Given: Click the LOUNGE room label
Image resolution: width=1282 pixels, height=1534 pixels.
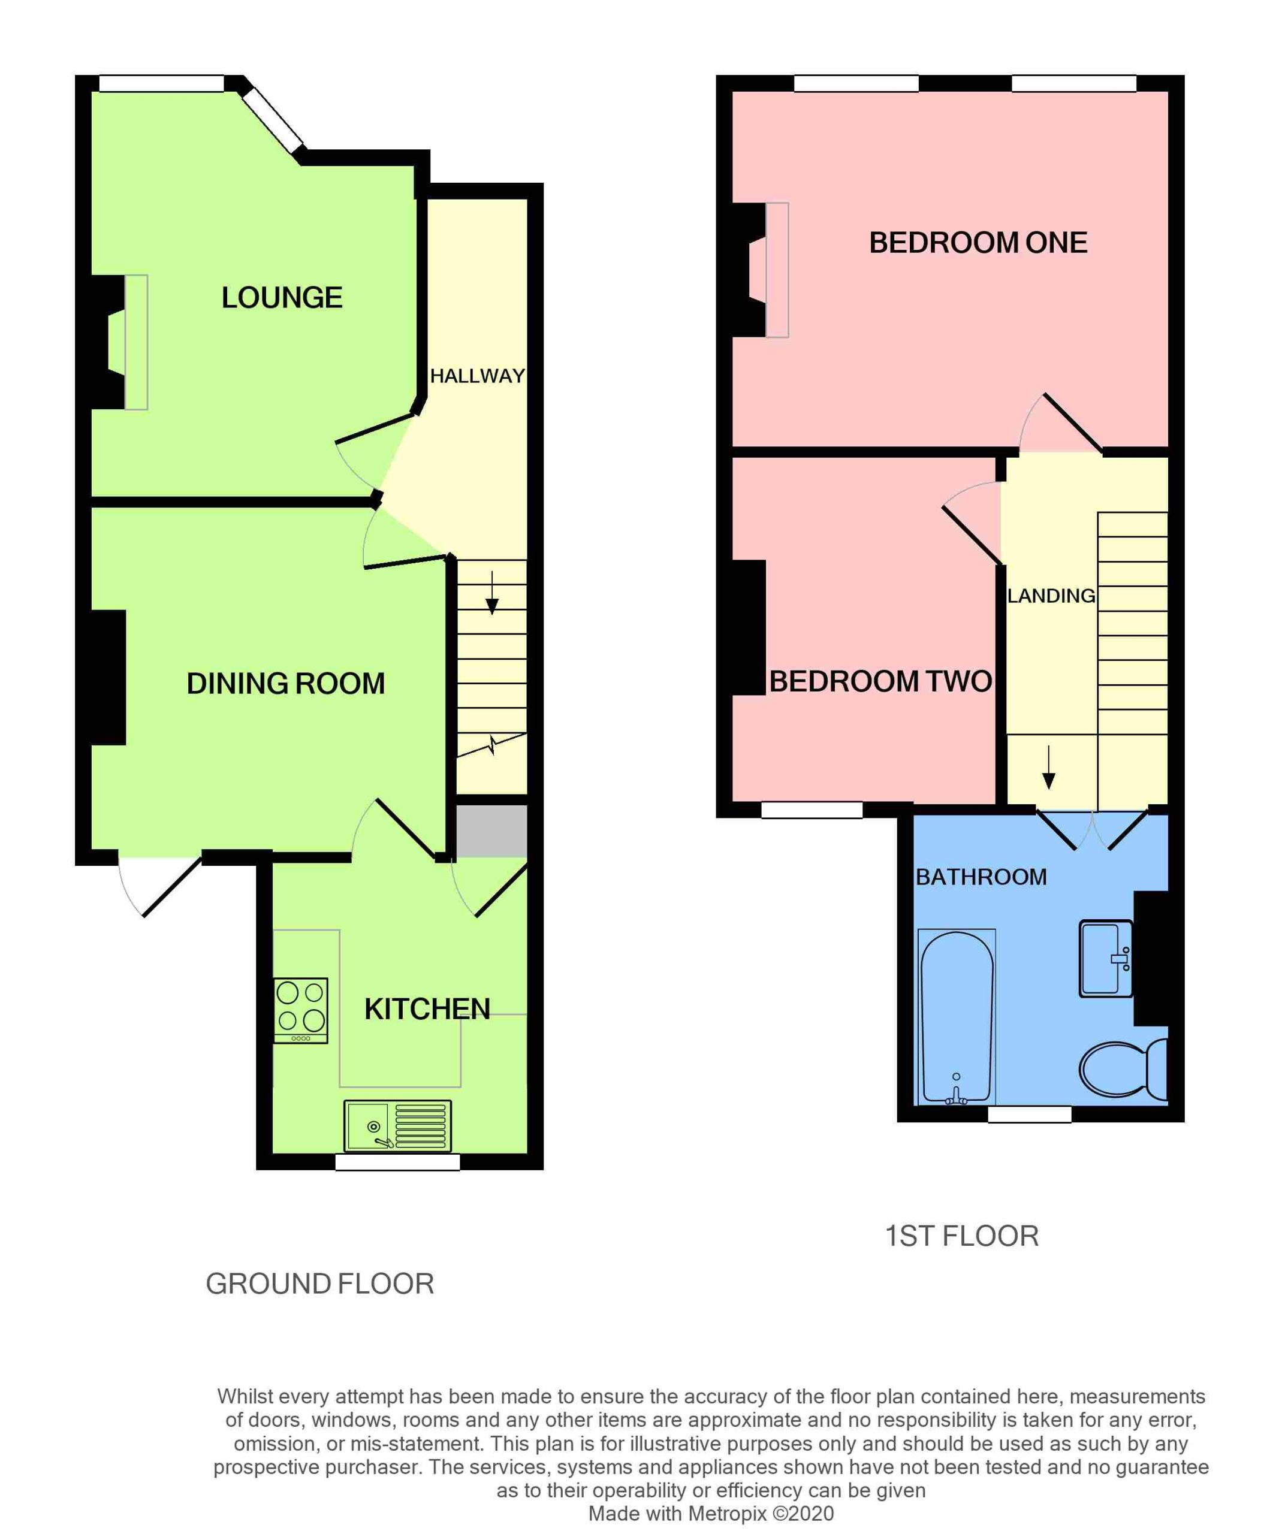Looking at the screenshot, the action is (x=282, y=298).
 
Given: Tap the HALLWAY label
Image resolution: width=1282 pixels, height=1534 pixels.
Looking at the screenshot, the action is (x=477, y=376).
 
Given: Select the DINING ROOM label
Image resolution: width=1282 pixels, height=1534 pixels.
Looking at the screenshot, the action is (x=286, y=684).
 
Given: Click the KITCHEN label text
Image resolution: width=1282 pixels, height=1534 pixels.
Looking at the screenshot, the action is (x=427, y=1010).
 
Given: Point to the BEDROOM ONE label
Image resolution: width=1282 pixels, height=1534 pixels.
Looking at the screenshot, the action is (x=978, y=243).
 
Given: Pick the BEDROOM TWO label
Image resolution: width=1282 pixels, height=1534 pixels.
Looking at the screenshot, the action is (x=880, y=681).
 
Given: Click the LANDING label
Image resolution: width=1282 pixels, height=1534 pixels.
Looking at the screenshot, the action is (x=1051, y=596).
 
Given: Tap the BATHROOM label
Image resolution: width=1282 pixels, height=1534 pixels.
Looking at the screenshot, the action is (x=981, y=877).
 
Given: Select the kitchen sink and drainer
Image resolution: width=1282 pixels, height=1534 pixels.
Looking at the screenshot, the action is (x=397, y=1125).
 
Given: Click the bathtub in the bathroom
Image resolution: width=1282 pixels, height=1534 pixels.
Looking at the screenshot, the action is (x=956, y=1017).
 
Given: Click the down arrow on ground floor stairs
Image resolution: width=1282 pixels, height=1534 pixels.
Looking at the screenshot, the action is (x=492, y=593).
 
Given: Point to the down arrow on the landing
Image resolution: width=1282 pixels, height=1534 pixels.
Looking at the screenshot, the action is (x=1049, y=767).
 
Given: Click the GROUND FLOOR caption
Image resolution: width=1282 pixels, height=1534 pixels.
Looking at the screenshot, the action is (x=320, y=1284).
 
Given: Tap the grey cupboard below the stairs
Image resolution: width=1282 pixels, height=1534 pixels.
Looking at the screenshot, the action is (x=491, y=831).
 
